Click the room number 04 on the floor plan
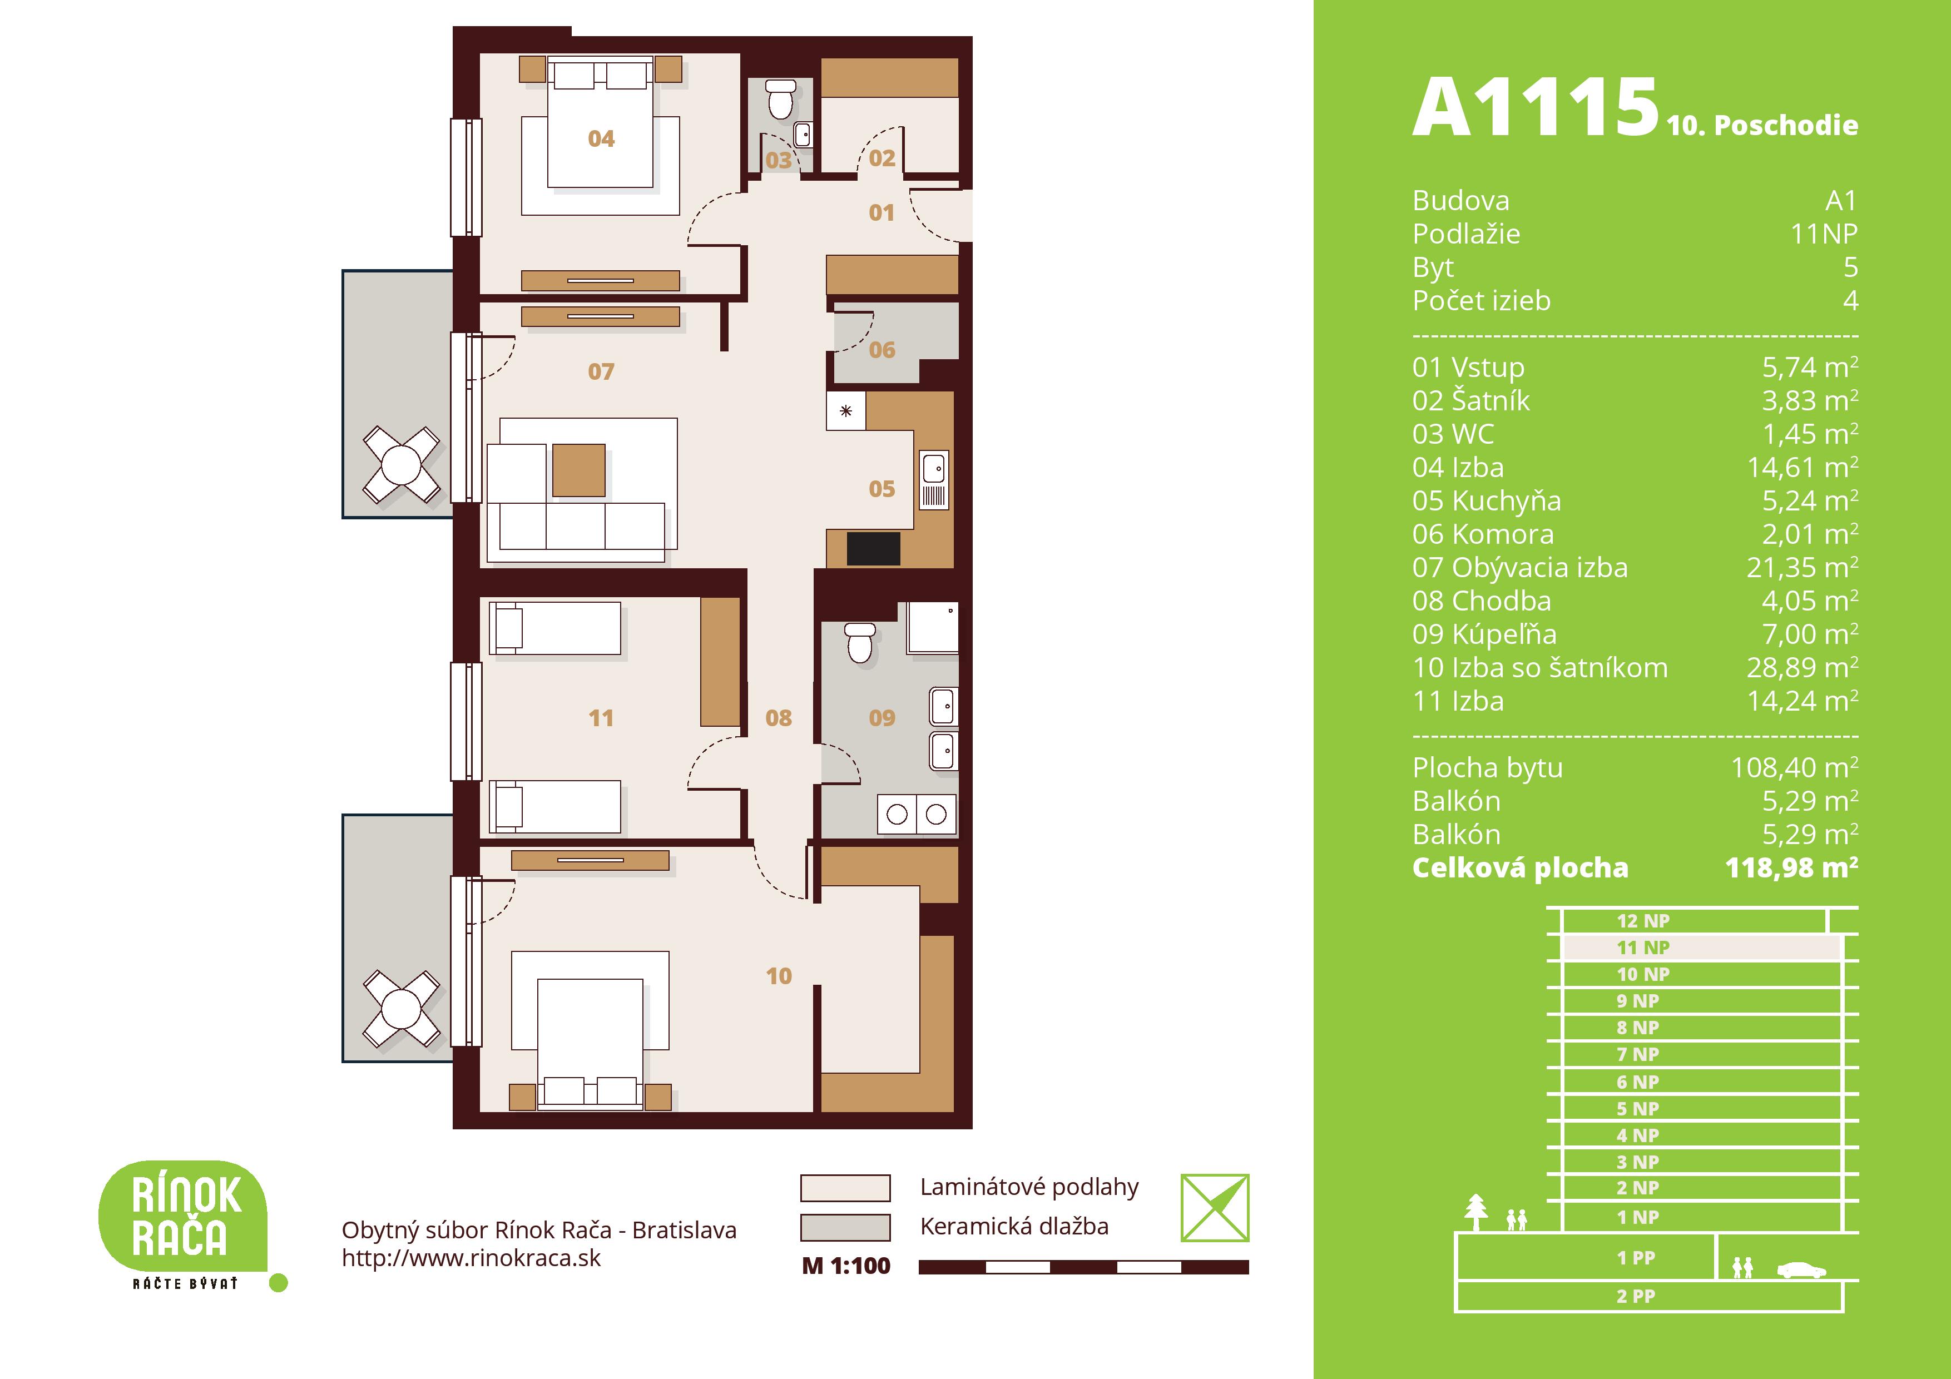click(601, 138)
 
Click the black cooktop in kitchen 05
click(874, 549)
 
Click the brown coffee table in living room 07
click(578, 470)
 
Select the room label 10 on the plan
click(779, 976)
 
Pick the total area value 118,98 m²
click(1791, 867)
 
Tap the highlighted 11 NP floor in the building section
click(1701, 948)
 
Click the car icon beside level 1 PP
click(1801, 1270)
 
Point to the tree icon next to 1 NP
click(1477, 1213)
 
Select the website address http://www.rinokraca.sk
click(471, 1258)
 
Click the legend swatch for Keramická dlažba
click(845, 1227)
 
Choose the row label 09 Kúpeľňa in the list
click(1484, 634)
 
